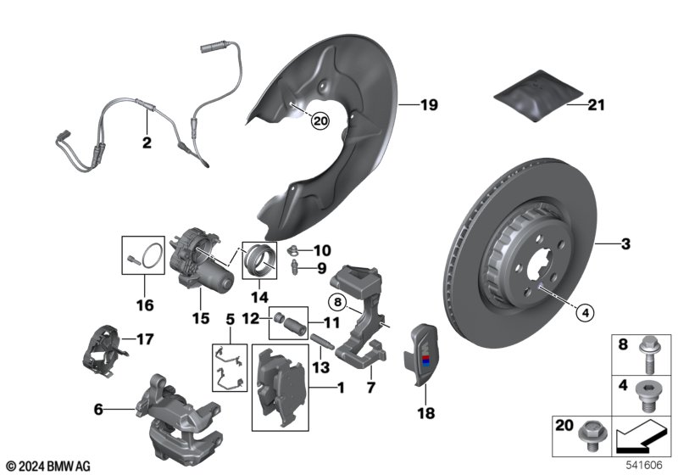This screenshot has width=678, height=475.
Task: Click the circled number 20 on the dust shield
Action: click(x=320, y=121)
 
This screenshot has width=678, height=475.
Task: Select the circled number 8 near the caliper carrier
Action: click(x=337, y=302)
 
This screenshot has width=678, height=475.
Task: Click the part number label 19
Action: click(x=429, y=104)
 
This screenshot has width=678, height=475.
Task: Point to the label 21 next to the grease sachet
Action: click(x=596, y=104)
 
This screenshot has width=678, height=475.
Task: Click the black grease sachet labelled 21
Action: click(x=538, y=96)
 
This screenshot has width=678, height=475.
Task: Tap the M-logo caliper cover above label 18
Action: click(x=421, y=354)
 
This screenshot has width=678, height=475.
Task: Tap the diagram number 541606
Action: click(x=644, y=465)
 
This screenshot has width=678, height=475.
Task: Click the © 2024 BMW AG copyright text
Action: click(x=48, y=466)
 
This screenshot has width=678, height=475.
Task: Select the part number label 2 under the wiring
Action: click(x=147, y=142)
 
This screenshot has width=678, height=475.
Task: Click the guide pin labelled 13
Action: click(x=321, y=341)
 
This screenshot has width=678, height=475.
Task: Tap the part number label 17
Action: click(x=145, y=339)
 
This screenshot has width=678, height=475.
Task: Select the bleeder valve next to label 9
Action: click(x=295, y=266)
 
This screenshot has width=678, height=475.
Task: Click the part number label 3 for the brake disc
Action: click(x=625, y=244)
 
